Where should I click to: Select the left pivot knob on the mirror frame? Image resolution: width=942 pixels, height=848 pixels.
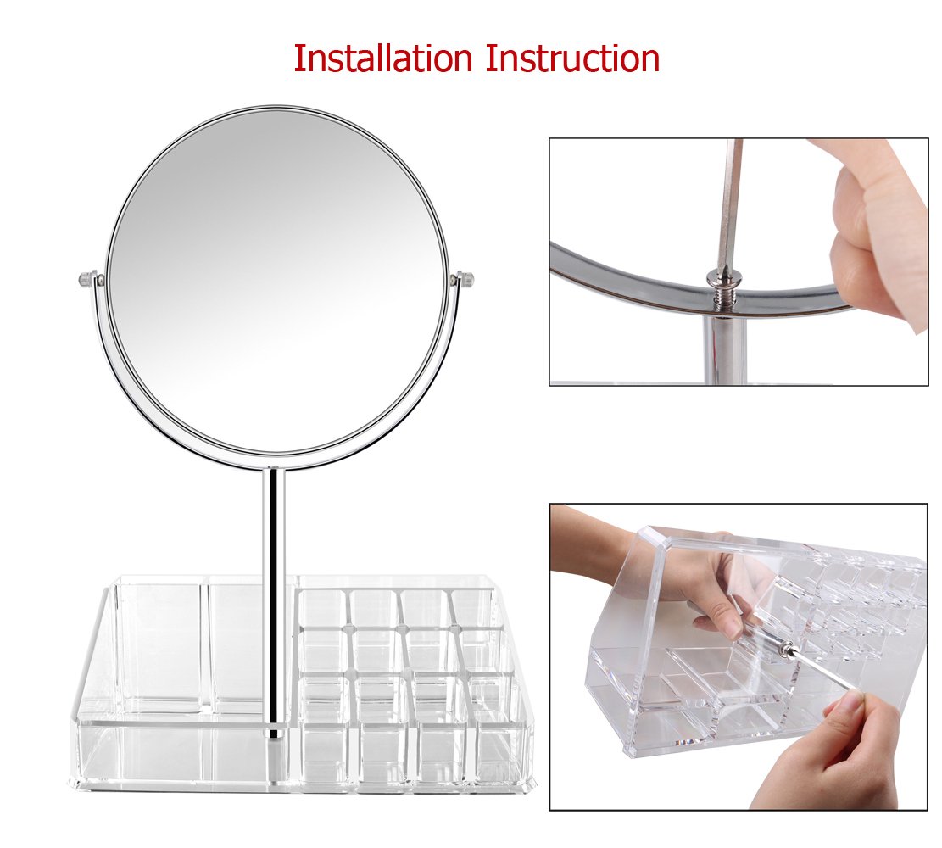pyautogui.click(x=86, y=278)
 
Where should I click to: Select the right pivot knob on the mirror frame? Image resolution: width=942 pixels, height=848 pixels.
pyautogui.click(x=464, y=278)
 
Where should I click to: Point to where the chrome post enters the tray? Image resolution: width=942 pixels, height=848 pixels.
pyautogui.click(x=273, y=731)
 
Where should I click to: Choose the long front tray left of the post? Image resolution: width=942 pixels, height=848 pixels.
pyautogui.click(x=170, y=755)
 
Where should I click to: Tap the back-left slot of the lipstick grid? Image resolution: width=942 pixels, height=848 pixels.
pyautogui.click(x=323, y=606)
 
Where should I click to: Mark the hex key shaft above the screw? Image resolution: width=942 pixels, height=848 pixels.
pyautogui.click(x=728, y=204)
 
